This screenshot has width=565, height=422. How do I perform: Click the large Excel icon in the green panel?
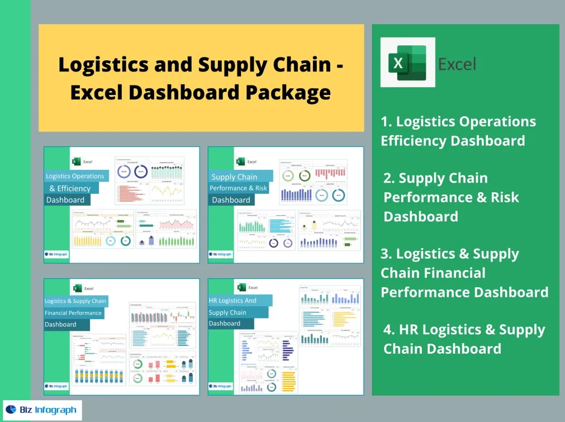(x=403, y=63)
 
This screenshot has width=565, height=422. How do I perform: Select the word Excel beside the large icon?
(x=457, y=64)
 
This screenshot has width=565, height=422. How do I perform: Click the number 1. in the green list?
(x=387, y=122)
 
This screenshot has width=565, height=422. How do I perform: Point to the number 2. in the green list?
(x=390, y=178)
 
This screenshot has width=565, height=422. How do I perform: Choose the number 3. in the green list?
(x=387, y=254)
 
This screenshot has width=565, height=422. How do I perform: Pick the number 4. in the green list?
(x=390, y=330)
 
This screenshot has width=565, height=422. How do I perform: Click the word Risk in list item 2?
(x=502, y=197)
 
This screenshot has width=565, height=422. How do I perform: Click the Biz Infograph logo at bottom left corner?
(x=42, y=410)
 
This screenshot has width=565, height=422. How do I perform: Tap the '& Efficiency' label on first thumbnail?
(x=70, y=188)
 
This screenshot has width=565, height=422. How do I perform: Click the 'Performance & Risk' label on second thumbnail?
(x=238, y=188)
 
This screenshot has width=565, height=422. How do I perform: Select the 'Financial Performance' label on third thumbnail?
(x=73, y=313)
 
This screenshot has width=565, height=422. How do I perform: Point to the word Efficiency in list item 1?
(x=488, y=140)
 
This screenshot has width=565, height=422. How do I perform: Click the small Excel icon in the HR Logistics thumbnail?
(x=241, y=287)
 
